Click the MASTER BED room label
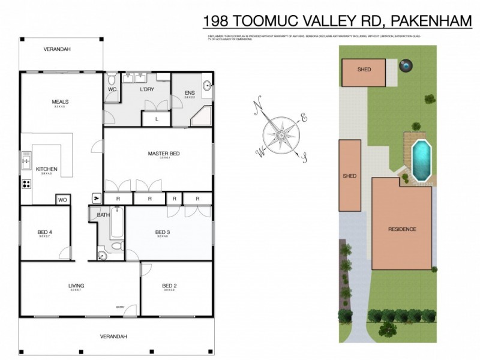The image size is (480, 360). point(163,154)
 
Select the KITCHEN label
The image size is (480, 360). point(46,169)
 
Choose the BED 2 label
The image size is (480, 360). point(170,285)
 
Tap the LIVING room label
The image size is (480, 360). point(76,285)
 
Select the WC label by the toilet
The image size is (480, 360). point(112,89)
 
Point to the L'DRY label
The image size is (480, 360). point(147,89)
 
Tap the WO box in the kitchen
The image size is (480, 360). point(62,200)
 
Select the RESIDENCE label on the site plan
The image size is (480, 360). point(401,229)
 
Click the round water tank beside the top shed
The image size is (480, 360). point(407,65)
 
